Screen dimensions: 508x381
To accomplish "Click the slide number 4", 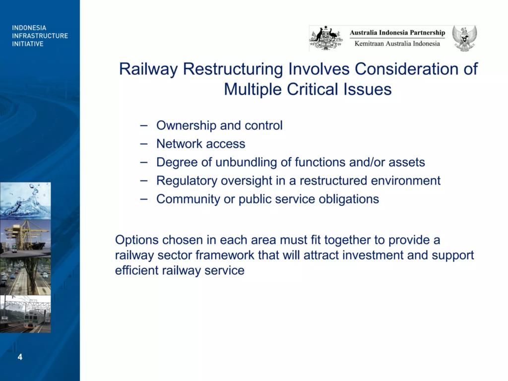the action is click(20, 357).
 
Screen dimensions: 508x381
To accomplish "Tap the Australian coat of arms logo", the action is click(326, 38).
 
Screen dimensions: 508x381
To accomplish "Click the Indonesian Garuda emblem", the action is click(464, 39).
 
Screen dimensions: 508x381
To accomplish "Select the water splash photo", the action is click(25, 201).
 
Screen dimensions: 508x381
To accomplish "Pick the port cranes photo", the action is click(25, 239).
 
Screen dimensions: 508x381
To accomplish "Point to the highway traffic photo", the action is click(25, 276).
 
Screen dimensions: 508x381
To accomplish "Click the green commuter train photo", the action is click(25, 314).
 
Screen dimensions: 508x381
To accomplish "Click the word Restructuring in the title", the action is click(233, 69).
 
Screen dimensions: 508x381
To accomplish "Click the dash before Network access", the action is click(144, 144).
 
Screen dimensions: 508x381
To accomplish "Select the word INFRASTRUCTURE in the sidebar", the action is click(40, 36).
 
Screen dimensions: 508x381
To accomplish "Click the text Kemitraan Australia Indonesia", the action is click(397, 44).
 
